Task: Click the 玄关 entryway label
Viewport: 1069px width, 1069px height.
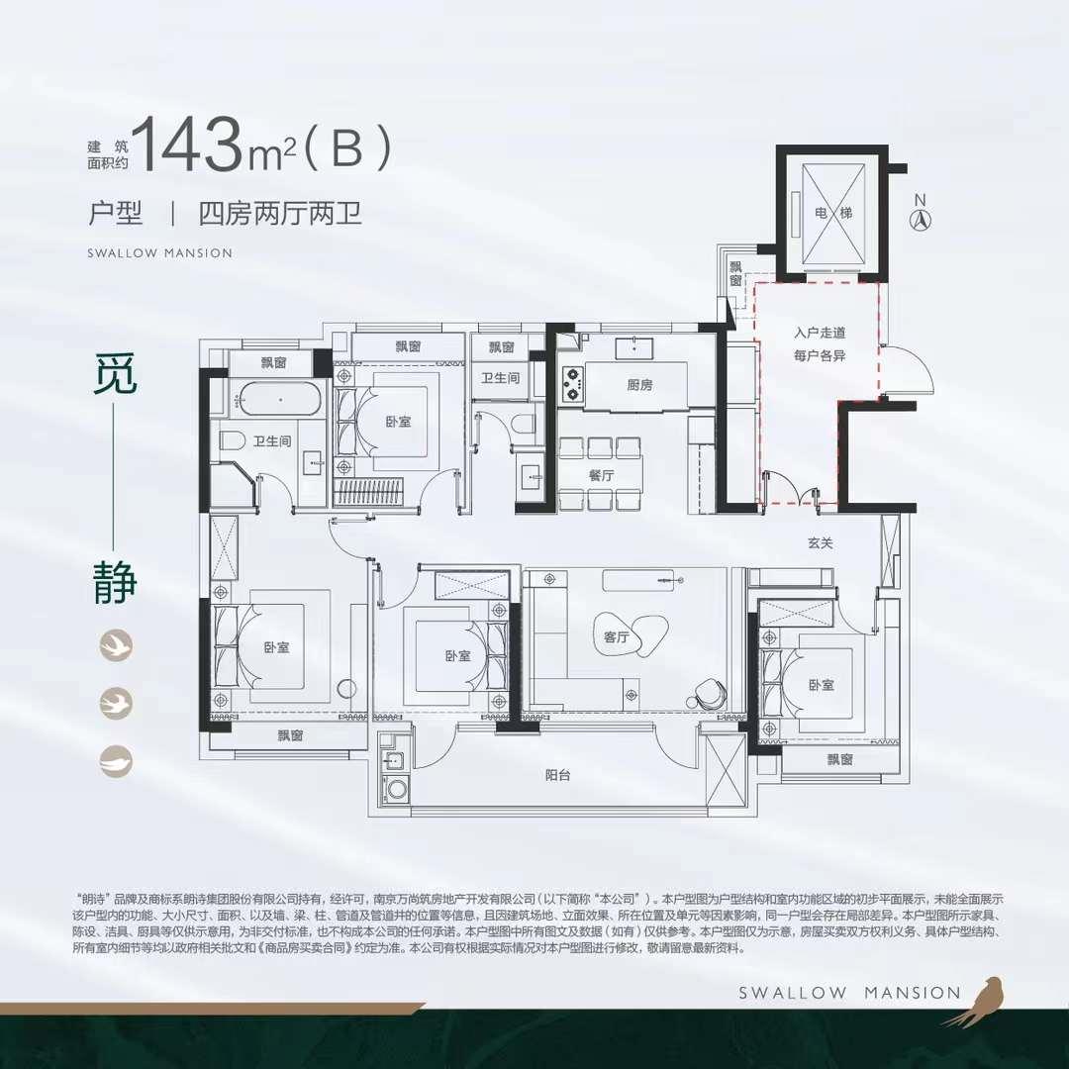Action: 821,541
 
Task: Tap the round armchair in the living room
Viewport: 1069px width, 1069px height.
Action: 709,690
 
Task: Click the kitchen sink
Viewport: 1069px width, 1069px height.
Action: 631,346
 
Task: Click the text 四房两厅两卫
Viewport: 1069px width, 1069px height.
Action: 280,213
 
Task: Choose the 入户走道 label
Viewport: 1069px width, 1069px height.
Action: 820,334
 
